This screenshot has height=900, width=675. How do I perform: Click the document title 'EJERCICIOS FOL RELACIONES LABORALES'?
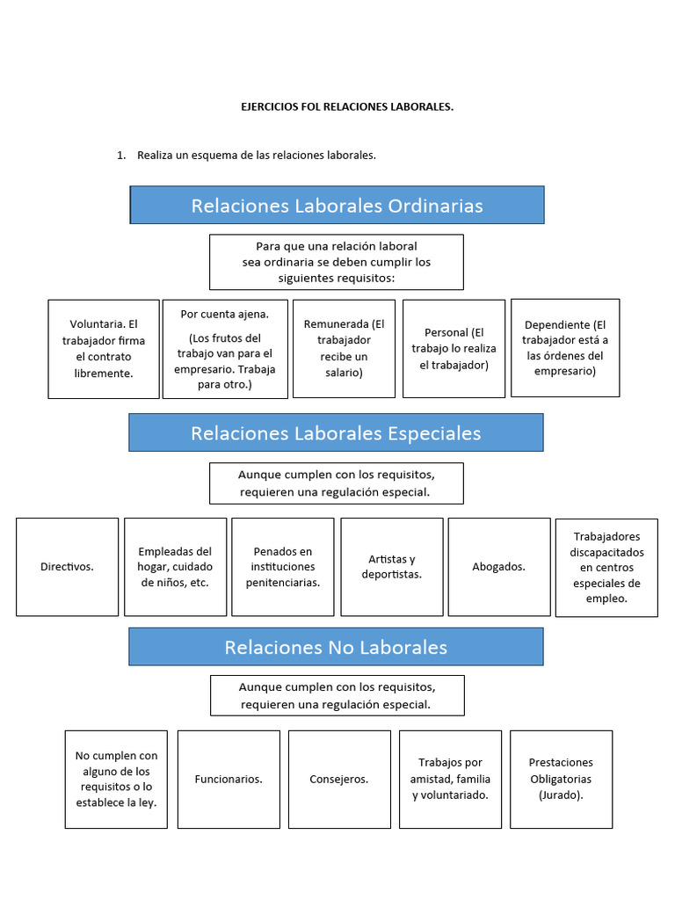coord(347,106)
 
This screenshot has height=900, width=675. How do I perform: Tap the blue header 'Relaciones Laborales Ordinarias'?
coord(337,206)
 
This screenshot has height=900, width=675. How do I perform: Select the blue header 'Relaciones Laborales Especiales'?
coord(336,433)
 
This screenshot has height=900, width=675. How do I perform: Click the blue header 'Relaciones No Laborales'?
coord(336,648)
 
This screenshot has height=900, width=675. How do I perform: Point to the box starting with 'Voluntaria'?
coord(104,349)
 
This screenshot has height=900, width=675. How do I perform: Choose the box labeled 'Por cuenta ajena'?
coord(225,349)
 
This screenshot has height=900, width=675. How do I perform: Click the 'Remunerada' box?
coord(344,349)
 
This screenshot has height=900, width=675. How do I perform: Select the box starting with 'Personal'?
coord(454,349)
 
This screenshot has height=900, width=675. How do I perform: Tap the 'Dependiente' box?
coord(564,348)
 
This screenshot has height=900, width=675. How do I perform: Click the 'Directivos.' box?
coord(67,567)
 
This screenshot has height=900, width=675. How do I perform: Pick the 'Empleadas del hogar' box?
coord(175,567)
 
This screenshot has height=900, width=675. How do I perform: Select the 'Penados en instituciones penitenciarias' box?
coord(282,567)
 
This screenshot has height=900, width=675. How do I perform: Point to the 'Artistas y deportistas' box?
coord(391,567)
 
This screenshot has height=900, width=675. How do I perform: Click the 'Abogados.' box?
coord(498,567)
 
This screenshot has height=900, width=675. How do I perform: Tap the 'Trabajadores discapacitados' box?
coord(606,567)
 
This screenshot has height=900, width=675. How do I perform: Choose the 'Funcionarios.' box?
coord(229,779)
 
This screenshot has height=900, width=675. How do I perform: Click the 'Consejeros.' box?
coord(339,779)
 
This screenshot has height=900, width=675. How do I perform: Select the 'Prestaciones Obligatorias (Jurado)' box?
coord(561,779)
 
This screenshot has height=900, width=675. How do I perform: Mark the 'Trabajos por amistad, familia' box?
coord(450,779)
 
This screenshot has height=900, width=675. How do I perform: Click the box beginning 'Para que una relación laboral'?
coord(336,262)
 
